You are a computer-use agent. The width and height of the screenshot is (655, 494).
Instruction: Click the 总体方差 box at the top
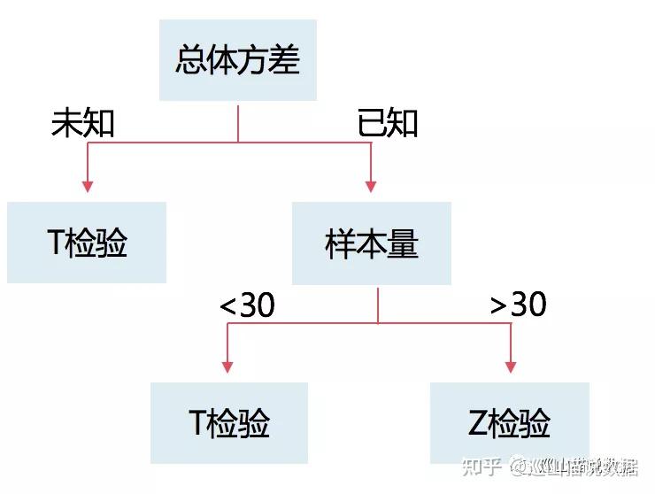(x=238, y=60)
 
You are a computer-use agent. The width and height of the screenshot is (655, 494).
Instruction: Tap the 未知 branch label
(x=83, y=124)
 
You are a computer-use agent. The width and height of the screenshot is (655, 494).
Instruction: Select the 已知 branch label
(x=387, y=124)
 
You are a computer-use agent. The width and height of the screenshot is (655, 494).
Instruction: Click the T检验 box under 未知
(x=87, y=243)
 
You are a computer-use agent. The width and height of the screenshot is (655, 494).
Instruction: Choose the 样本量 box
(x=372, y=243)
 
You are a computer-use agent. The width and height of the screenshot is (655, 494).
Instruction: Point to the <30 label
(x=247, y=305)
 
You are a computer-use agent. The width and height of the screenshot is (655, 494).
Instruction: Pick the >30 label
(x=519, y=305)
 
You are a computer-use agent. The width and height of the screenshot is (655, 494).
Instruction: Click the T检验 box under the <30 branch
(x=229, y=423)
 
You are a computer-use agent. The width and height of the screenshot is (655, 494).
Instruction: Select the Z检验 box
(x=509, y=423)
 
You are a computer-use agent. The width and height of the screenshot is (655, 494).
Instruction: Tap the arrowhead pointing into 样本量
(x=371, y=187)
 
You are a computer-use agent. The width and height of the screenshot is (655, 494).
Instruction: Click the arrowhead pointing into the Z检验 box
(x=510, y=367)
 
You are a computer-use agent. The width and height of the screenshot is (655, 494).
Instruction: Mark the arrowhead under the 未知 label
(x=87, y=187)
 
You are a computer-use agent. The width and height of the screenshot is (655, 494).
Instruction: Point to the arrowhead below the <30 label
(x=227, y=367)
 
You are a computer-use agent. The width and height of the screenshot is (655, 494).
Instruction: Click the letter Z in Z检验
(x=479, y=424)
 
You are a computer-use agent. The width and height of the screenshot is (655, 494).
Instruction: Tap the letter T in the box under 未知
(x=57, y=243)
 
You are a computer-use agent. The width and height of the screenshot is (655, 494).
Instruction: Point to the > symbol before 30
(x=499, y=306)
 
